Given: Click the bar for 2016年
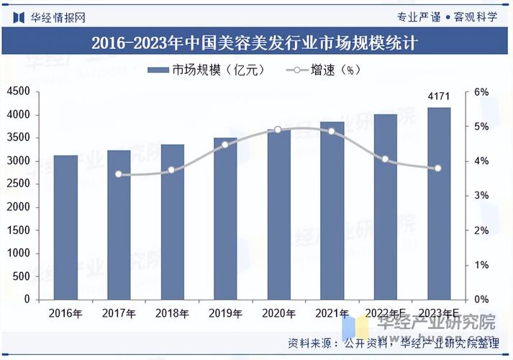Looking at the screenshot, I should pos(65,227).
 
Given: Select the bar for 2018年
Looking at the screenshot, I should pos(173,222).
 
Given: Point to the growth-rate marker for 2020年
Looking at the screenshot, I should pos(278,130).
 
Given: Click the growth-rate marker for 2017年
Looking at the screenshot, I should pos(119,174).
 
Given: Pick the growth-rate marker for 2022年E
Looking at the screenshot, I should pos(385,159).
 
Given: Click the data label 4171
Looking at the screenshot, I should pos(439,96).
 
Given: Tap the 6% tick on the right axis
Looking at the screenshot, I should pos(481,92).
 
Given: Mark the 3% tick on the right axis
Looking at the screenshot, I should pos(481,196).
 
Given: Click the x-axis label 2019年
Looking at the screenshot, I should pos(225,313).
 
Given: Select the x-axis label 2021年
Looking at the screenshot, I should pos(332,313).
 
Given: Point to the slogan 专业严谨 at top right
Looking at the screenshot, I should pos(419,17).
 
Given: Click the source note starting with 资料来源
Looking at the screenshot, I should pos(392,342).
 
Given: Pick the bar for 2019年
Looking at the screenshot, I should pos(225,218).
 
